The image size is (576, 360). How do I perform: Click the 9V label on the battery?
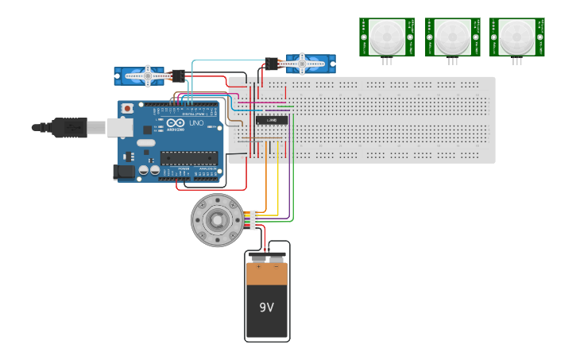tap(267, 308)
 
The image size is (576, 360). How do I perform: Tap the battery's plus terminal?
tap(257, 257)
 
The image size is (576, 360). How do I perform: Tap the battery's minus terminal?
tap(276, 257)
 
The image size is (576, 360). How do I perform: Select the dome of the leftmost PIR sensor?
tap(387, 35)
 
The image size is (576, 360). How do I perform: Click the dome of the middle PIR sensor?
tap(452, 35)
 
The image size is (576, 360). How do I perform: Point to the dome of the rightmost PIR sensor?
tap(516, 35)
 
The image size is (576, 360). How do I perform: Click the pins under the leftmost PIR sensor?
tap(387, 61)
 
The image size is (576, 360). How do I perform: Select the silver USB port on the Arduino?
tap(120, 126)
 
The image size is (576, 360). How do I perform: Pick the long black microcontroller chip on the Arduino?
tap(188, 157)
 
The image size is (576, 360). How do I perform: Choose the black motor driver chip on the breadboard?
tap(272, 121)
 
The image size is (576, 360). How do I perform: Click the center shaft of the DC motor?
tap(216, 220)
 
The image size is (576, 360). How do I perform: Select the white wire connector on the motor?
tap(254, 219)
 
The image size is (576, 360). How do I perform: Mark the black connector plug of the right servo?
tap(273, 64)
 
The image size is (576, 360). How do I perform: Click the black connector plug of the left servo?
tap(178, 75)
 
